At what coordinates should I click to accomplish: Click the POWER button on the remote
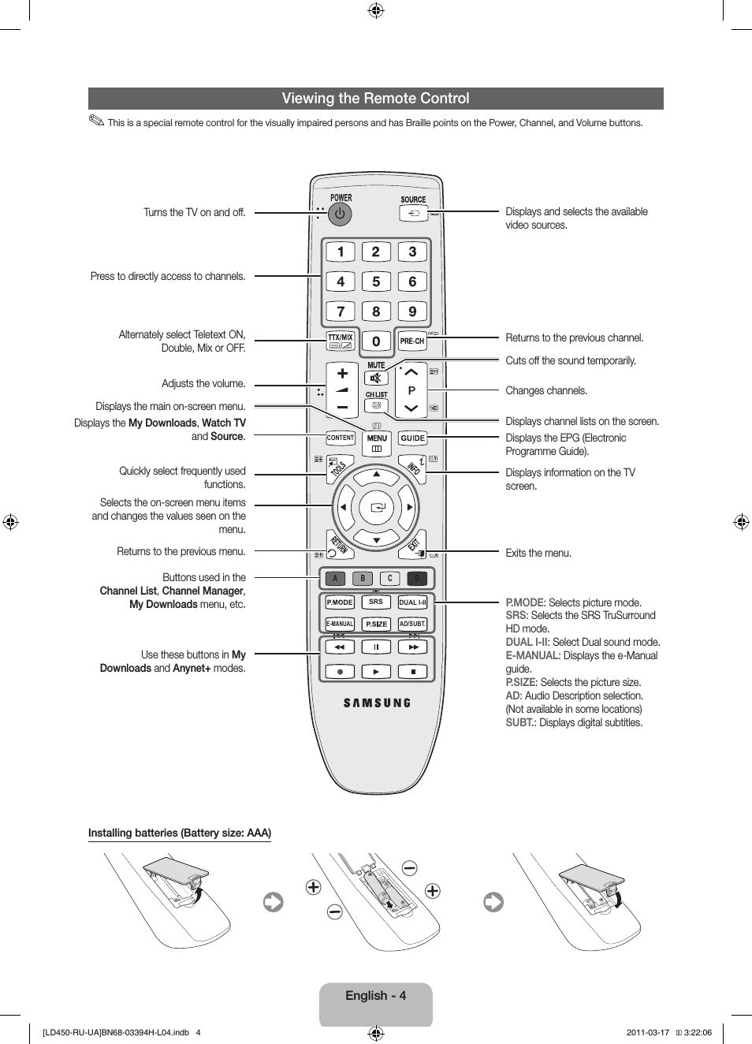(340, 214)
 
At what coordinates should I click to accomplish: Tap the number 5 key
(376, 282)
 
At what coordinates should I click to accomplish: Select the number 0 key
(376, 341)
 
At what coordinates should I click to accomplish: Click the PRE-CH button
(411, 341)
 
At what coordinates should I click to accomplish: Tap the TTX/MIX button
(341, 341)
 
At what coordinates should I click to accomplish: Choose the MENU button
(377, 442)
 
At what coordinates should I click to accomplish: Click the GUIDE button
(412, 438)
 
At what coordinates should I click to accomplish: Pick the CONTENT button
(341, 438)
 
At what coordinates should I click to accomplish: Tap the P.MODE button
(340, 602)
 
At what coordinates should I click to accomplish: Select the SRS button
(376, 602)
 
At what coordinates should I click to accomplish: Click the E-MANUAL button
(340, 624)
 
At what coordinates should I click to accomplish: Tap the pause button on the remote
(376, 647)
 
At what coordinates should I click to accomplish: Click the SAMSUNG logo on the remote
(377, 703)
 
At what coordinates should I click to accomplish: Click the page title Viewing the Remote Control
(375, 99)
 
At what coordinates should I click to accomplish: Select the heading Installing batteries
(180, 833)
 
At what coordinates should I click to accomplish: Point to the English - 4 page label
(375, 996)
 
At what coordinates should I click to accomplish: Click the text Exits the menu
(538, 553)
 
